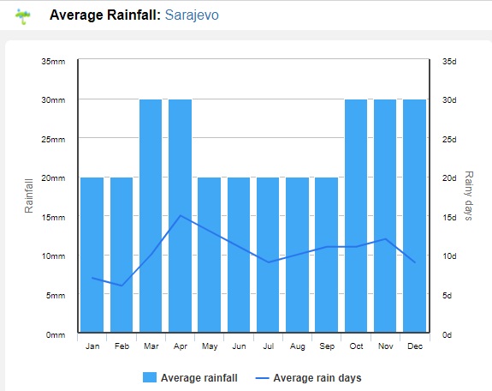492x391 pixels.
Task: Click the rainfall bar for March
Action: [x=151, y=216]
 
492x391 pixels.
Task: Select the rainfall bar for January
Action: [x=92, y=255]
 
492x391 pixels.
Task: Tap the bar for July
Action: [x=268, y=255]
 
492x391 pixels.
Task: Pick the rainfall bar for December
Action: [x=414, y=216]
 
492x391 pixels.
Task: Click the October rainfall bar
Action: [x=356, y=216]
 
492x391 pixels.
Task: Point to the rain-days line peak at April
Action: [x=181, y=215]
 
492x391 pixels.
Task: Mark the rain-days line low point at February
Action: [x=122, y=286]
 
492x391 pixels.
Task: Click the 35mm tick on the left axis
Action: [x=53, y=62]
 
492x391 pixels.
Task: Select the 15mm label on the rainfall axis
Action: [x=53, y=217]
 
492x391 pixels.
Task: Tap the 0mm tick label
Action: [x=56, y=335]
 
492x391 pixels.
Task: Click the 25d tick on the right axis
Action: [x=449, y=140]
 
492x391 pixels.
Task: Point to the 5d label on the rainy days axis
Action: [x=448, y=295]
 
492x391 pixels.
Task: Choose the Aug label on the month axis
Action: [x=298, y=346]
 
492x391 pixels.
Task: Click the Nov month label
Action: [x=386, y=346]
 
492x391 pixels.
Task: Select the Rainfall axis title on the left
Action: [x=28, y=195]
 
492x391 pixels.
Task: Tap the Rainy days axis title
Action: [x=468, y=195]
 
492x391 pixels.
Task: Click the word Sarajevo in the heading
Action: [x=192, y=15]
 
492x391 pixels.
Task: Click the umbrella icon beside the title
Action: [x=22, y=16]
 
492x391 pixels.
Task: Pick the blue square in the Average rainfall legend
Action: [x=150, y=377]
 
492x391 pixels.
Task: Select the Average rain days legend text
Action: [x=317, y=378]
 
